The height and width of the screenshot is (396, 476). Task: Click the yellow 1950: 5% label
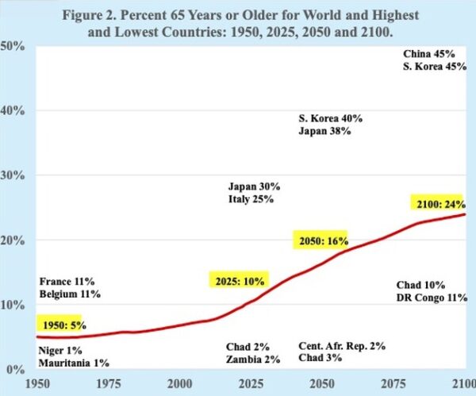click(60, 324)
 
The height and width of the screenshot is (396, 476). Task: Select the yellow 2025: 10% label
click(239, 279)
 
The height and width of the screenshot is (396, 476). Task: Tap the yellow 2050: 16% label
click(323, 240)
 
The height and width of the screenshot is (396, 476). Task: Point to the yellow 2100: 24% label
click(439, 202)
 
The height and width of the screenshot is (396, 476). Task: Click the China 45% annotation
click(428, 54)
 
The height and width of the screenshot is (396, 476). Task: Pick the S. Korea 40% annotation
click(330, 118)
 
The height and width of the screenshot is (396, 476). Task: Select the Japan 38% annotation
click(325, 132)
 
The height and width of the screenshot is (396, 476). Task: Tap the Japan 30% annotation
click(254, 186)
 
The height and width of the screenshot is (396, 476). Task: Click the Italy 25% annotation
click(250, 200)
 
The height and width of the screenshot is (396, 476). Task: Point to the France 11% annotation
click(67, 281)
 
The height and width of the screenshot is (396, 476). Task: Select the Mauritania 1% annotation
click(74, 363)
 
